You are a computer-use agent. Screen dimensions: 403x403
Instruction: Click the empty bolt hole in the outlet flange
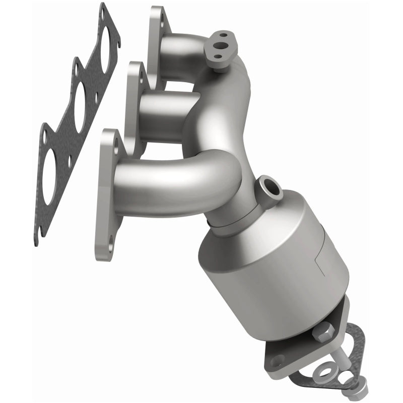point(277,360)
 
